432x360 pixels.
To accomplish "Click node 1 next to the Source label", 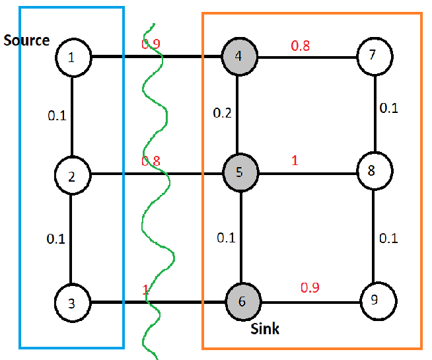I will [72, 57].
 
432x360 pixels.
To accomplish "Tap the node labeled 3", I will [72, 303].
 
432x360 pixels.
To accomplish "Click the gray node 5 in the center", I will [238, 174].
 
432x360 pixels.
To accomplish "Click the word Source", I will [26, 40].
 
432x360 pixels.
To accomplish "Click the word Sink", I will [264, 329].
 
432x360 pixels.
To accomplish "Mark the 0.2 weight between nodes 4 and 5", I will [222, 113].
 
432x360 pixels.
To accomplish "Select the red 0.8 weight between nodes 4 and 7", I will [300, 46].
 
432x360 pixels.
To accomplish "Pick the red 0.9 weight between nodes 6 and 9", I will [310, 288].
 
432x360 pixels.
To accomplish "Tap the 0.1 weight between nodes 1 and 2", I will [57, 116].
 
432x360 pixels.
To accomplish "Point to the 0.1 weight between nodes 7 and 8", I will [388, 108].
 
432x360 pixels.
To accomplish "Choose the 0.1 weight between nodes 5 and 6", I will [225, 238].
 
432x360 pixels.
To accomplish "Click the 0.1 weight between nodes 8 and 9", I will [388, 238].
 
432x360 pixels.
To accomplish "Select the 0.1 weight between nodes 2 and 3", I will [56, 238].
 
